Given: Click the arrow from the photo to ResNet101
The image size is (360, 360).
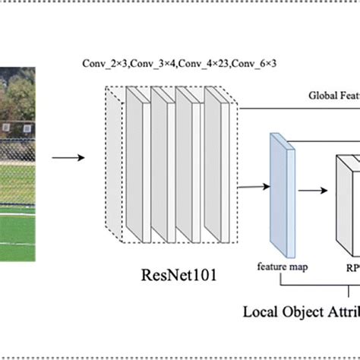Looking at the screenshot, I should (66, 158).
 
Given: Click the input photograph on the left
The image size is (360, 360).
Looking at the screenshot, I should (17, 163).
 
